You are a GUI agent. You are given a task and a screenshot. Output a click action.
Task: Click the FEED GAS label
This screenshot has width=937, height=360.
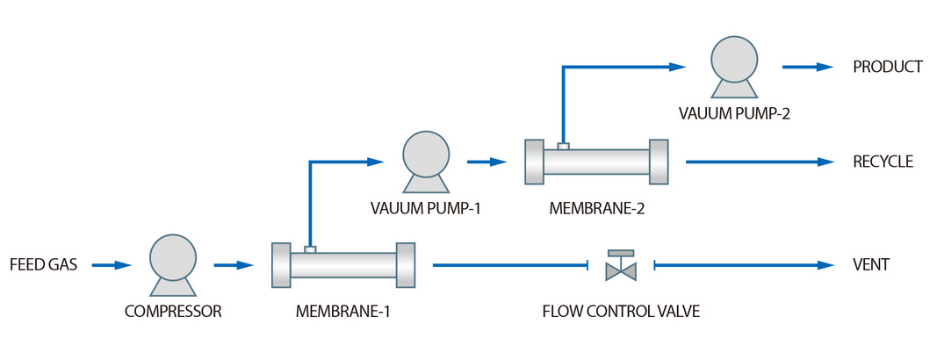pyautogui.click(x=44, y=264)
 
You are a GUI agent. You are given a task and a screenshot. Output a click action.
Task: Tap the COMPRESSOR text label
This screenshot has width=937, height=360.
pyautogui.click(x=173, y=310)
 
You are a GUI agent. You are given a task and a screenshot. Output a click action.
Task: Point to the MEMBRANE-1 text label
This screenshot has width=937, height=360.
pyautogui.click(x=342, y=310)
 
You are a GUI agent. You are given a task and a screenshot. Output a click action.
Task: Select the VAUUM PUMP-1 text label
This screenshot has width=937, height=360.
pyautogui.click(x=426, y=208)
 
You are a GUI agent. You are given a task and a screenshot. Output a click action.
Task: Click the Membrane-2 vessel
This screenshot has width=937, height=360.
pyautogui.click(x=596, y=162)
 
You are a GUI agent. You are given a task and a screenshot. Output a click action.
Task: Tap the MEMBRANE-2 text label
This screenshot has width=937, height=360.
pyautogui.click(x=596, y=208)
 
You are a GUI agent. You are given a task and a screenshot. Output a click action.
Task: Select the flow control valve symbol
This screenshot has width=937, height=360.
pyautogui.click(x=622, y=266)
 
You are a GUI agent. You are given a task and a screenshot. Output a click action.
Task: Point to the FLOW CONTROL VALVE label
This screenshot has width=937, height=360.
pyautogui.click(x=622, y=310)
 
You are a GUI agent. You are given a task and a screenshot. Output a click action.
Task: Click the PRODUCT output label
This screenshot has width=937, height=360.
pyautogui.click(x=887, y=67)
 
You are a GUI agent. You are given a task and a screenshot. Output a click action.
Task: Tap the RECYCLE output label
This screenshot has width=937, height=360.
pyautogui.click(x=883, y=162)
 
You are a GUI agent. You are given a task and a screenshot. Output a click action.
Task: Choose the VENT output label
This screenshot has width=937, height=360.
pyautogui.click(x=871, y=264)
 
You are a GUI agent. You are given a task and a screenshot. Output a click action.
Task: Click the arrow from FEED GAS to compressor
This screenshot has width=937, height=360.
pyautogui.click(x=112, y=264)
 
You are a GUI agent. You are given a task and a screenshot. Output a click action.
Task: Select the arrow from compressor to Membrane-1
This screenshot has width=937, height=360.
pyautogui.click(x=234, y=264)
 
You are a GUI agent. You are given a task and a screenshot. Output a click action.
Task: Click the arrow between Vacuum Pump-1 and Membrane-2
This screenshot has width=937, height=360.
pyautogui.click(x=487, y=162)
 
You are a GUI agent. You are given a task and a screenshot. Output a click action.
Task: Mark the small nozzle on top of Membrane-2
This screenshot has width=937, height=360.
pyautogui.click(x=563, y=145)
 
